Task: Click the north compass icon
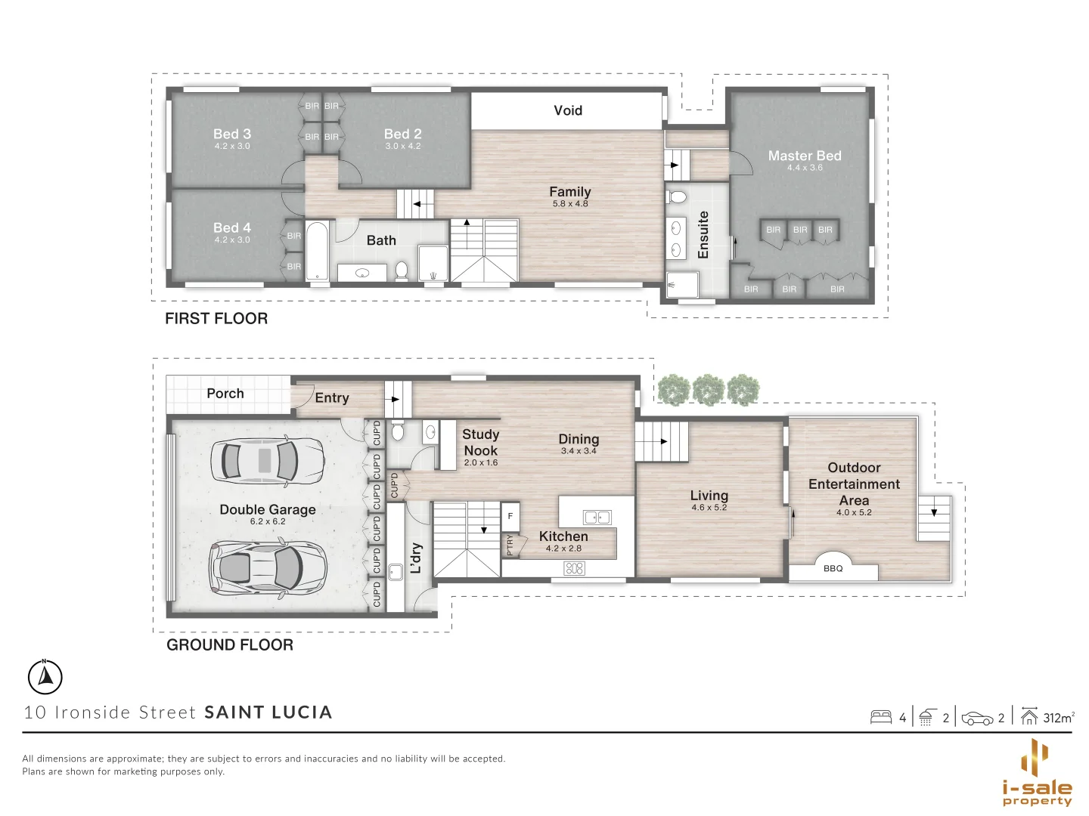tap(45, 676)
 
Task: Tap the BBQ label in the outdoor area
tap(833, 568)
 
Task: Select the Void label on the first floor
tap(567, 110)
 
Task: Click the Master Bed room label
tap(804, 156)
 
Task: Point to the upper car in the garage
tap(267, 459)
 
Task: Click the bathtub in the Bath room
tap(318, 251)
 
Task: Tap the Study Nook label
tap(480, 442)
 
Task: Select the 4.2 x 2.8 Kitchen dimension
tap(563, 549)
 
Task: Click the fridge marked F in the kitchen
tap(510, 516)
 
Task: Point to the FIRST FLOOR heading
tap(216, 319)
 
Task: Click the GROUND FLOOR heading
tap(229, 645)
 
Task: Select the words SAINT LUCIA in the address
tap(268, 712)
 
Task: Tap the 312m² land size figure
tap(1058, 718)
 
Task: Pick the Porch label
tap(225, 394)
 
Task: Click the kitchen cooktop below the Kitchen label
tap(575, 568)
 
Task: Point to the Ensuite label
tap(703, 235)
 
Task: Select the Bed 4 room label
tap(231, 227)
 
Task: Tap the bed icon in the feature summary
tap(881, 717)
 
